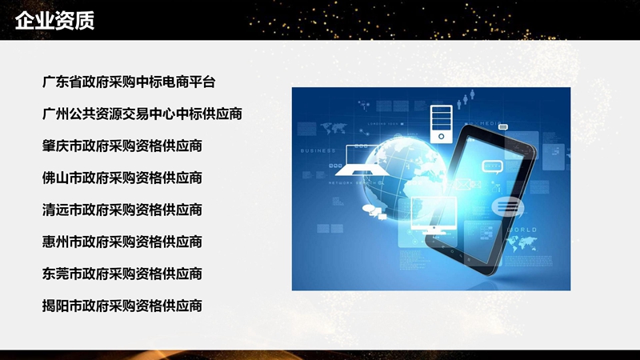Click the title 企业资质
pos(54,21)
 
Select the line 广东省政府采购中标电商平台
pos(130,82)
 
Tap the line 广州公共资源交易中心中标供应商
pos(142,114)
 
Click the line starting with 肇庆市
pos(122,146)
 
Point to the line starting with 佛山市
pos(122,178)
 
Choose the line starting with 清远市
pos(122,210)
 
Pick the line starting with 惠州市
pos(122,242)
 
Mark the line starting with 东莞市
pos(122,274)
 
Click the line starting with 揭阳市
pos(122,306)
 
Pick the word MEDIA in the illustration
pos(490,124)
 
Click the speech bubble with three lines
pos(506,207)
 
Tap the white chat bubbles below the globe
pos(372,210)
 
